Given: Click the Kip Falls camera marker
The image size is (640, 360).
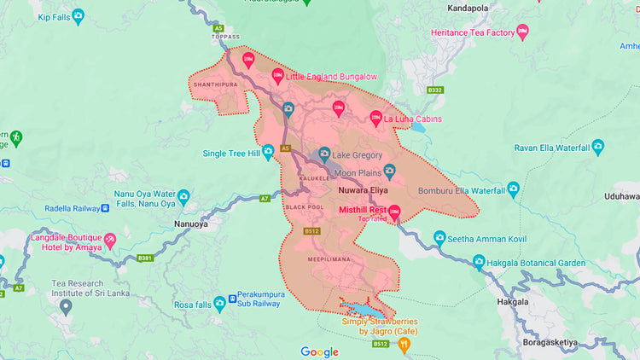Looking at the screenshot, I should point(79,15).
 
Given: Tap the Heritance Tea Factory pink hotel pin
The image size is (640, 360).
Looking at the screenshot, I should point(523,32).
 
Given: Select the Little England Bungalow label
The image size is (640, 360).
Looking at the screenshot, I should point(330,77).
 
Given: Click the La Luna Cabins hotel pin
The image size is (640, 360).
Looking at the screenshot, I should point(375,118).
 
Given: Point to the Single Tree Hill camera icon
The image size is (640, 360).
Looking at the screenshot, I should point(268,153).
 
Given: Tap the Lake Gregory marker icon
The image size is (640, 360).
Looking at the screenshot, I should point(324,155).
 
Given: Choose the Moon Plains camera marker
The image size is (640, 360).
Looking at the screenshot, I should point(389,171).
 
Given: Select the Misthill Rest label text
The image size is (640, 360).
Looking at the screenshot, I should point(363,209).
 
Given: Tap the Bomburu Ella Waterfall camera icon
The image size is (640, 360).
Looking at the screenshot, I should point(513,189).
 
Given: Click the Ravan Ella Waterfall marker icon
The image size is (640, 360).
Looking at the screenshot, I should point(597,148).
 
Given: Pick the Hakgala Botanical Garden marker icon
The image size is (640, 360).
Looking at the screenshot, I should point(479,262).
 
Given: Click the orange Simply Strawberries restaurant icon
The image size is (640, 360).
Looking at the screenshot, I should point(405,344).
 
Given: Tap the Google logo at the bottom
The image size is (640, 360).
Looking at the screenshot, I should point(319,351).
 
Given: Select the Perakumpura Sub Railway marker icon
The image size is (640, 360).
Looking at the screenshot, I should point(220,303).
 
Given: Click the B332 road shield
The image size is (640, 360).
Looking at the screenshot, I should point(435,90).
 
